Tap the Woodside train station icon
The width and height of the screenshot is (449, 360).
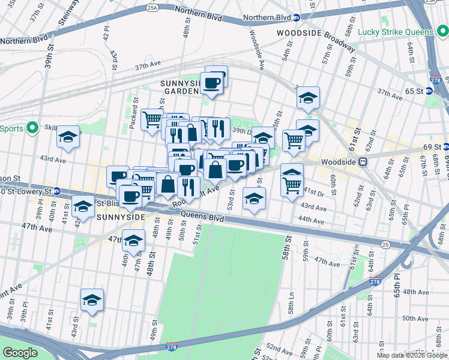(363, 162)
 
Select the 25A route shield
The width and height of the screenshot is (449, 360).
(152, 8)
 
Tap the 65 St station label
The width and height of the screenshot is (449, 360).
(415, 91)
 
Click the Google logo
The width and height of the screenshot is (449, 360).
(20, 353)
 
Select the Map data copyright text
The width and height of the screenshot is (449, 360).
(412, 355)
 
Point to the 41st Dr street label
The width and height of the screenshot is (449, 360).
(313, 193)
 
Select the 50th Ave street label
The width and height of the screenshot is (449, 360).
(415, 318)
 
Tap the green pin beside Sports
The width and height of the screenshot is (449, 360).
(34, 128)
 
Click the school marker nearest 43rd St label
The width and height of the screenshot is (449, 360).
(92, 300)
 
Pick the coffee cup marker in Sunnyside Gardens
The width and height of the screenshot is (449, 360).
(211, 83)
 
